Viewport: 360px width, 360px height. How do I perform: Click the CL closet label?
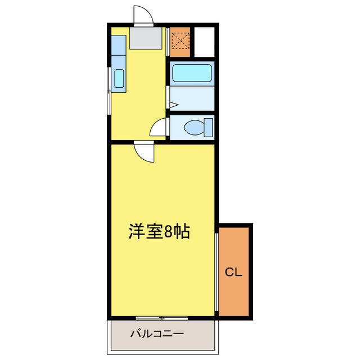click(233, 273)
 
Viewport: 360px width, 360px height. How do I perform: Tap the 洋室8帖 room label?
click(159, 231)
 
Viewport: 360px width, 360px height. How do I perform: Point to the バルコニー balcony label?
click(157, 334)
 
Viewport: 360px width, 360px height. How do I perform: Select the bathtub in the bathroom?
click(191, 73)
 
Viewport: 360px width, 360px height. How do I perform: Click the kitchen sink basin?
click(119, 78)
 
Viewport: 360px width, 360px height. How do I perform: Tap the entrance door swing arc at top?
click(143, 15)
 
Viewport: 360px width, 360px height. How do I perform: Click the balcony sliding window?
click(161, 318)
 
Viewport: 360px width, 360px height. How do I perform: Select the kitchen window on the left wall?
click(109, 90)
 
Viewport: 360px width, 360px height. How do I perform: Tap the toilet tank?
click(209, 127)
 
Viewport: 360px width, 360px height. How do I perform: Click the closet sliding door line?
click(217, 270)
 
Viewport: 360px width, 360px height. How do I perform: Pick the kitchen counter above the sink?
click(118, 51)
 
